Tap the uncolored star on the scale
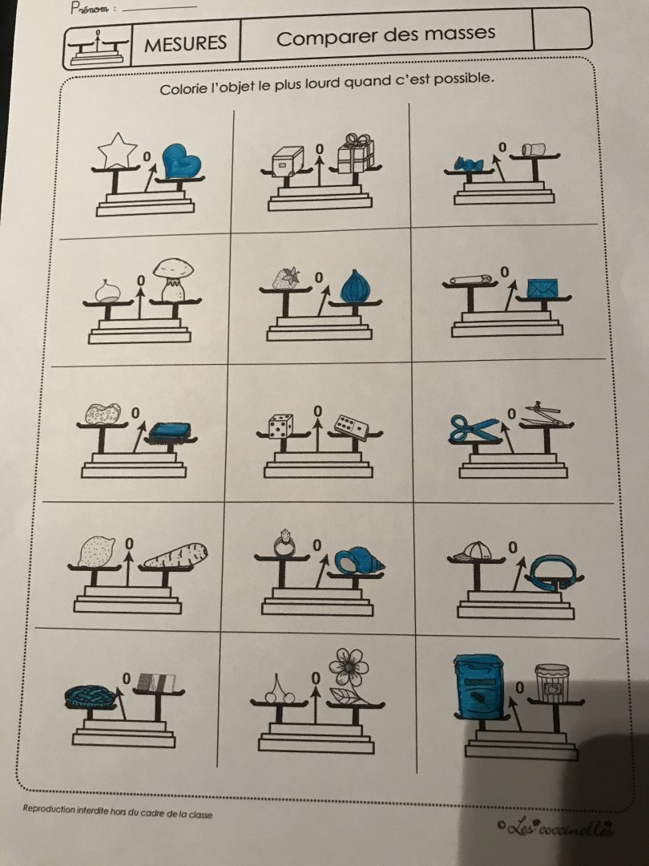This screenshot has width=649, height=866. click(117, 150)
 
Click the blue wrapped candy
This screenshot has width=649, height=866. click(468, 163)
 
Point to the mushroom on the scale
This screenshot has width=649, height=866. click(173, 280)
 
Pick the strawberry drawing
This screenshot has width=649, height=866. click(286, 277)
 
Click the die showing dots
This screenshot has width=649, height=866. click(280, 426)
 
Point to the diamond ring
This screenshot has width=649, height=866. click(284, 544)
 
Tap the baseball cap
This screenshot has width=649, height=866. click(476, 550)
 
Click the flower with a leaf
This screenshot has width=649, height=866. click(348, 674)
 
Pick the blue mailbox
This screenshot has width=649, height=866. click(478, 686)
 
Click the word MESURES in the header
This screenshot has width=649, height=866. click(185, 43)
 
